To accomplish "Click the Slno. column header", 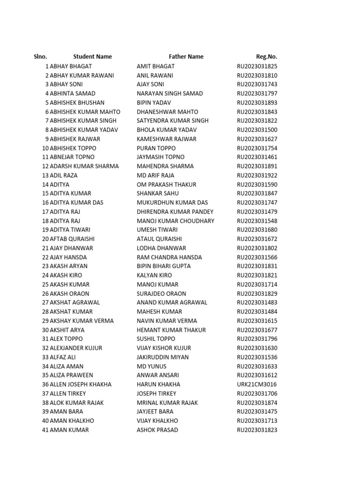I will pos(40,57).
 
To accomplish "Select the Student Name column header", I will pos(92,57).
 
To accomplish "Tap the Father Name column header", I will pos(186,57).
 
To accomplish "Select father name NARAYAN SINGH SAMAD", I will pos(170,93).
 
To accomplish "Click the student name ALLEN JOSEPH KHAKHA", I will pos(81,384).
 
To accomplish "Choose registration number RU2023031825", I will pos(257,67).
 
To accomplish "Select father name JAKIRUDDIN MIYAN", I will pos(163,357).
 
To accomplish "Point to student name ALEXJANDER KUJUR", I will pos(76,348).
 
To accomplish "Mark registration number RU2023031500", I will pos(257,130).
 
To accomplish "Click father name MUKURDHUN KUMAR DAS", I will pos(172,202).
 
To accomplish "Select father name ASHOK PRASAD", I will pos(157,430).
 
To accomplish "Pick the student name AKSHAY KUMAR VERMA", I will pos(82,321).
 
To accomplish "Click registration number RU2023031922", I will pos(257,175).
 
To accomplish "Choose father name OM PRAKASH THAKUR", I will pos(166,185).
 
